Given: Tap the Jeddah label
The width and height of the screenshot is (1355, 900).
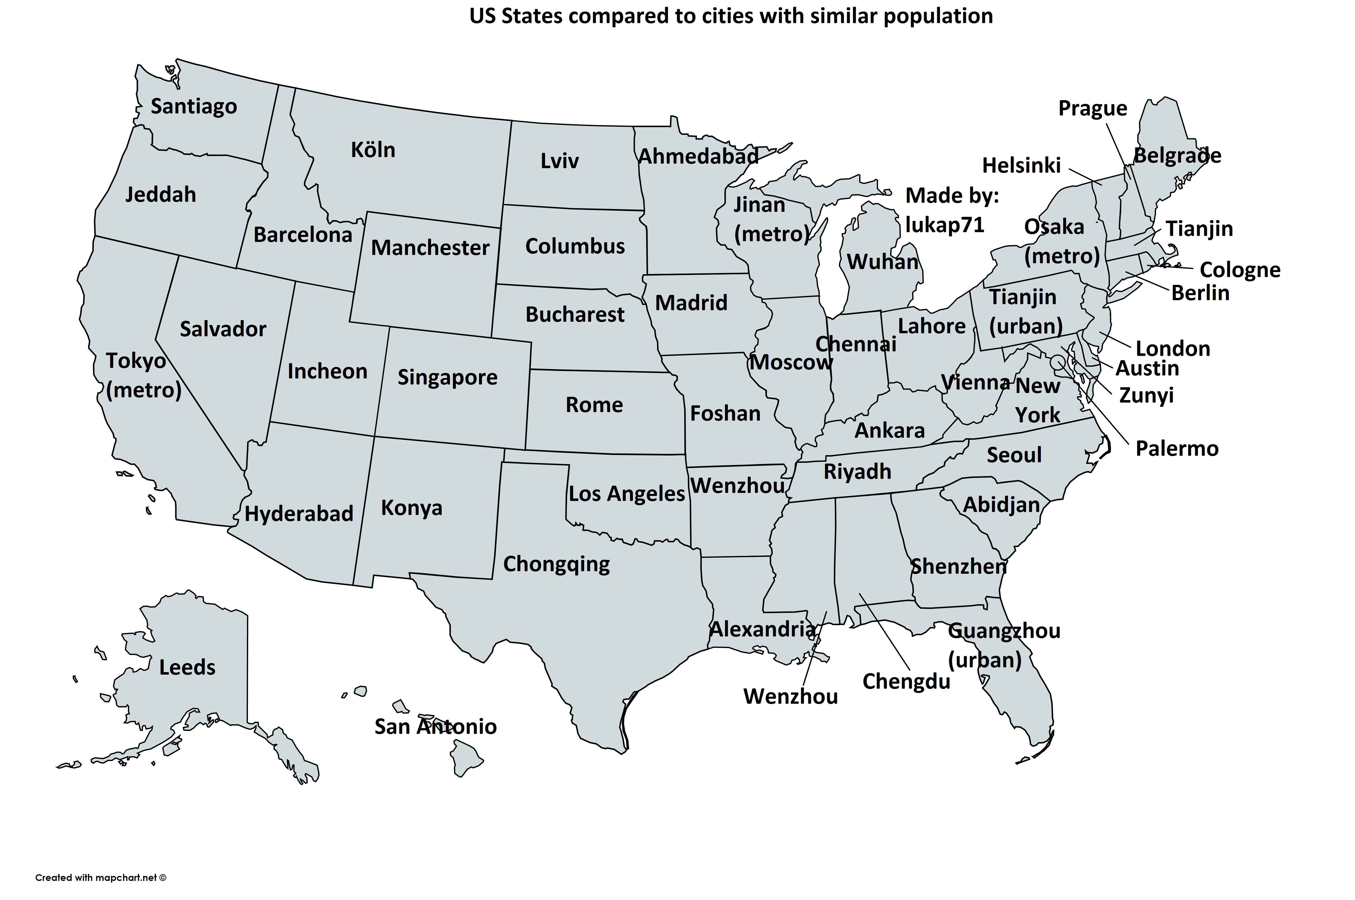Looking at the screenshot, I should [161, 195].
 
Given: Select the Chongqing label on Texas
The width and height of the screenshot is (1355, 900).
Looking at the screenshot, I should [556, 564].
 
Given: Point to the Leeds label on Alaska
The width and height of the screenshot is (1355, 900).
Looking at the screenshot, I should [187, 668].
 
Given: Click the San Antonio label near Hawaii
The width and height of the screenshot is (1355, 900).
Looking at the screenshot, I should [435, 727].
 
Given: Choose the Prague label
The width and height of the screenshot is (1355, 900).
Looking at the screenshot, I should [1092, 108].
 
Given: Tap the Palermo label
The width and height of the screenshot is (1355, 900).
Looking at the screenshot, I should [1177, 448].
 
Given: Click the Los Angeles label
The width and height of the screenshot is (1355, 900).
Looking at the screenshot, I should [627, 494].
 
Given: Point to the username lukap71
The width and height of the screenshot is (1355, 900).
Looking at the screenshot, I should [944, 225].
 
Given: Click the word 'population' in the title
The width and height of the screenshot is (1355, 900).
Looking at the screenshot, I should [938, 16].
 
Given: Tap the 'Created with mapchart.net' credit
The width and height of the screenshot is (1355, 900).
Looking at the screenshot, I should [100, 878].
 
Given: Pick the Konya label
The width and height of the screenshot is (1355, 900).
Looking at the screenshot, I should [412, 508].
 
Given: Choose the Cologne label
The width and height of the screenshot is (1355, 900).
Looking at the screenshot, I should [1240, 270].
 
